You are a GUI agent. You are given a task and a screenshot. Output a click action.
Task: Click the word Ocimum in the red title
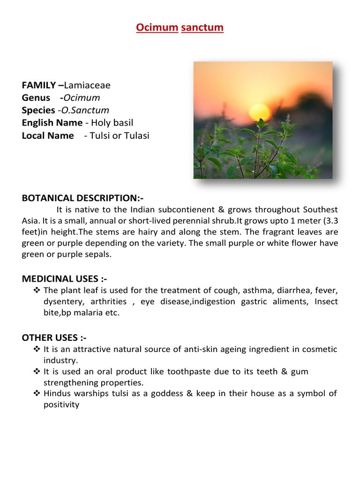tap(157, 28)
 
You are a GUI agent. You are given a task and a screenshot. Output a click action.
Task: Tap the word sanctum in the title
tap(202, 28)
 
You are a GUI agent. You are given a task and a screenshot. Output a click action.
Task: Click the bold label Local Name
tap(48, 136)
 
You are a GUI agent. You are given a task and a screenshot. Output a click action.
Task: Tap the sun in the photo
tap(259, 112)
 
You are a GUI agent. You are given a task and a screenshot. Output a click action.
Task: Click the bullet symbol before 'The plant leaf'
tap(37, 291)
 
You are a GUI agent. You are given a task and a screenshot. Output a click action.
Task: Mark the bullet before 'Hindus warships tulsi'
tap(37, 393)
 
